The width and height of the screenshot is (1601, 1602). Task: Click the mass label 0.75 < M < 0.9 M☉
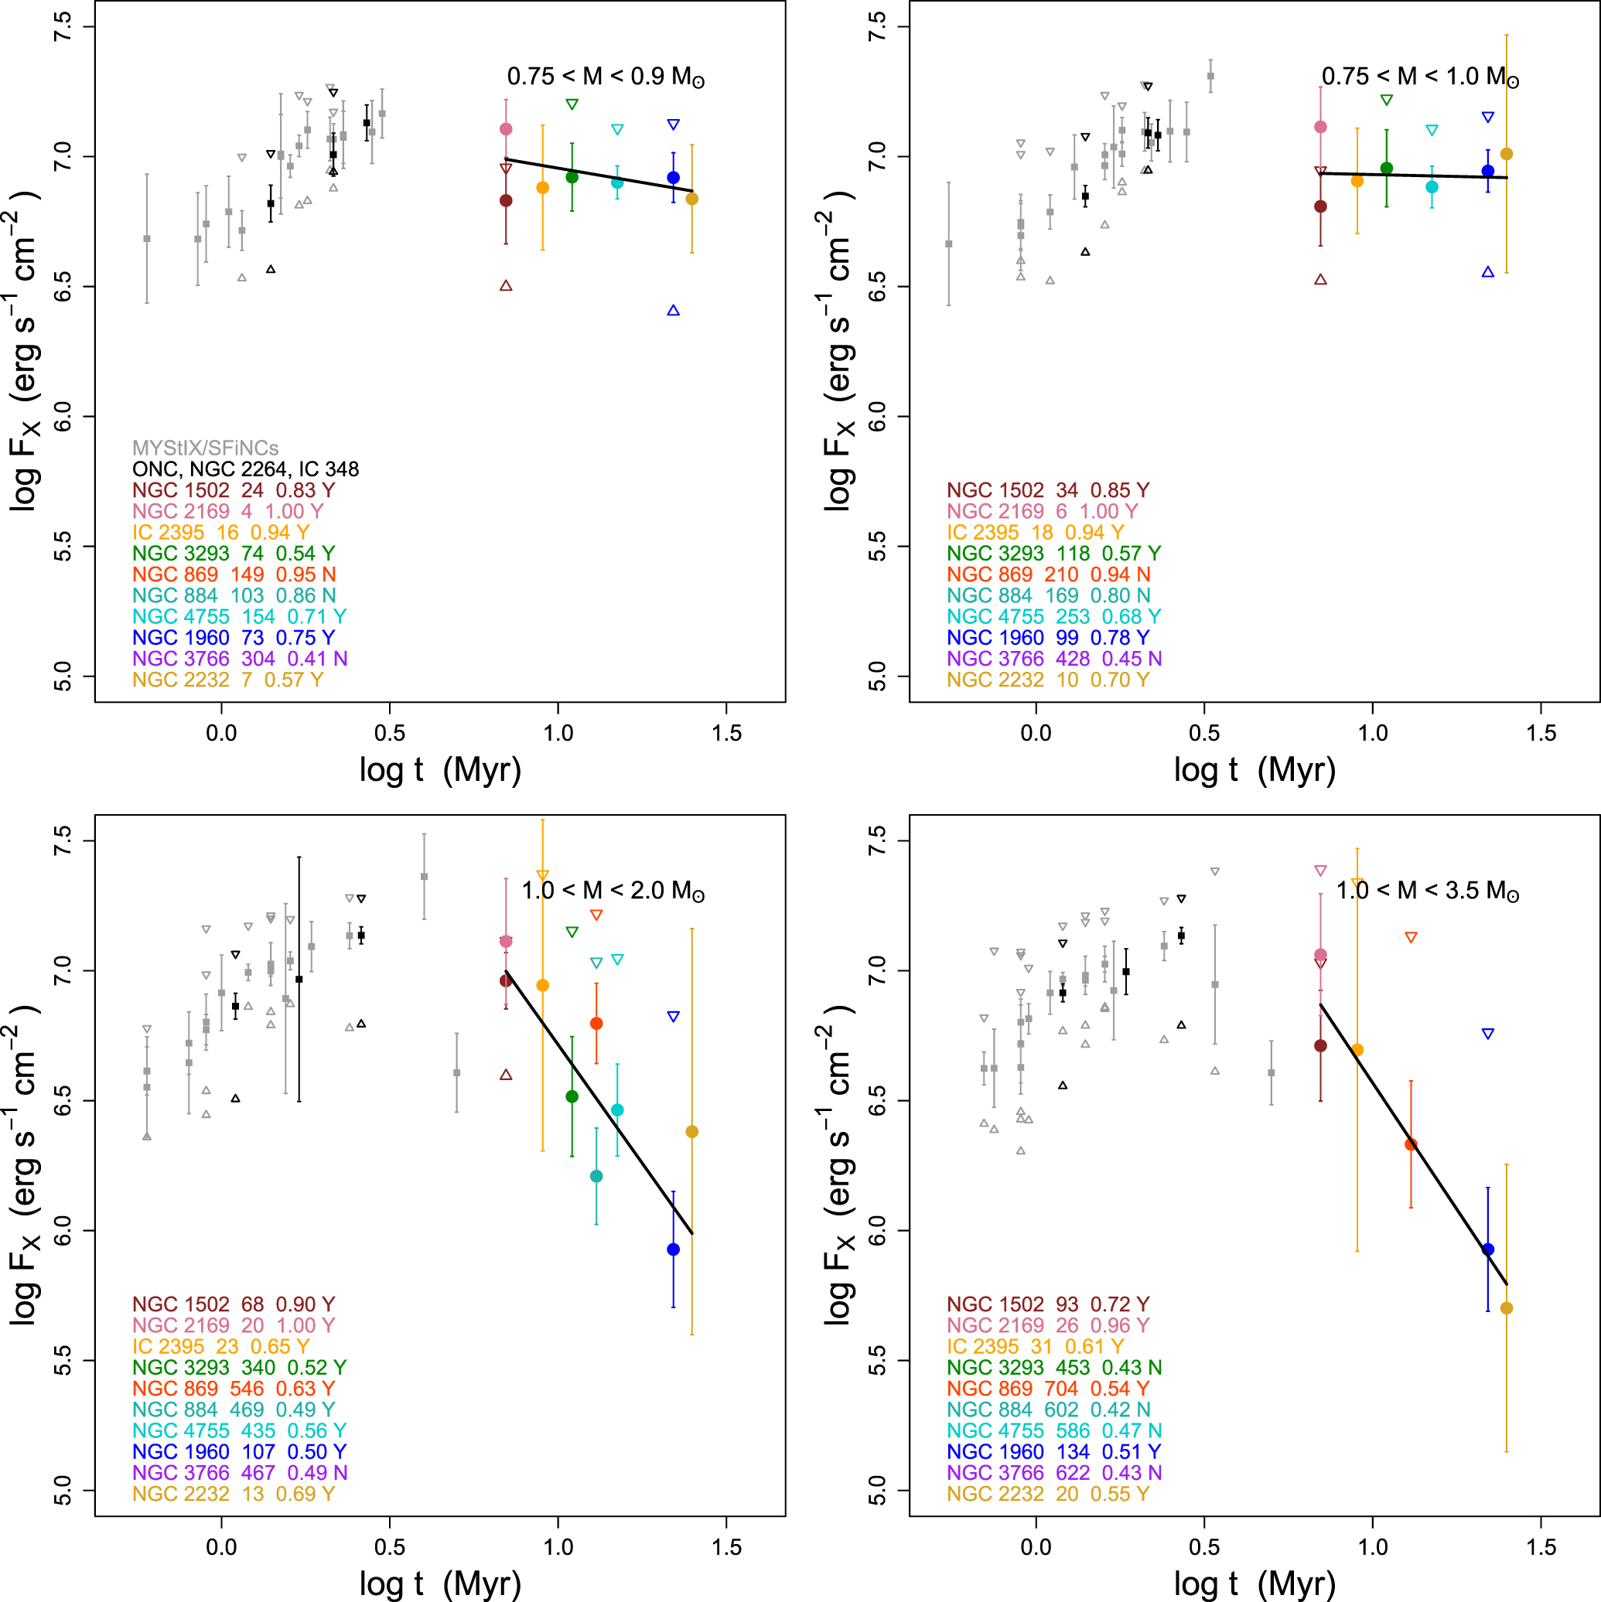point(606,77)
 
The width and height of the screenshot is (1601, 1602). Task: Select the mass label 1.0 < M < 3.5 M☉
point(1427,891)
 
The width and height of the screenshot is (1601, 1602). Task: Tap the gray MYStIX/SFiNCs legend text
point(206,448)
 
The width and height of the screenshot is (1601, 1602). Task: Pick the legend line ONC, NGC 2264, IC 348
point(245,469)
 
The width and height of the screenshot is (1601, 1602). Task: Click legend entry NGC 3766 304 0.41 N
point(240,659)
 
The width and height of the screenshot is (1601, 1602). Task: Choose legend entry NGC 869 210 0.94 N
point(1049,574)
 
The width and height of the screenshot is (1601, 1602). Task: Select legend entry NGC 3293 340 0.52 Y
point(240,1367)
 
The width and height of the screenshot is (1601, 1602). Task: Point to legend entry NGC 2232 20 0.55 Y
point(1049,1494)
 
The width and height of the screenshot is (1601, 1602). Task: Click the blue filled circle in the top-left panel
point(674,178)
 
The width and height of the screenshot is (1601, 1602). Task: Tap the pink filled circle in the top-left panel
point(506,129)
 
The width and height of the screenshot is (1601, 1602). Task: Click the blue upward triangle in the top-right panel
point(1488,272)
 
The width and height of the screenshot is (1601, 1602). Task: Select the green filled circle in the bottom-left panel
point(572,1096)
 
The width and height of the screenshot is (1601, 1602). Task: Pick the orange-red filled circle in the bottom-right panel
point(1411,1144)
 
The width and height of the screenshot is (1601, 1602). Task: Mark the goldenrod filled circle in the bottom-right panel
point(1507,1308)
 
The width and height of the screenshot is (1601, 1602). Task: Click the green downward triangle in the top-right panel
point(1386,101)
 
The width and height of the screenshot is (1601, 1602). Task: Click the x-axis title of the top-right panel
point(1255,770)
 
